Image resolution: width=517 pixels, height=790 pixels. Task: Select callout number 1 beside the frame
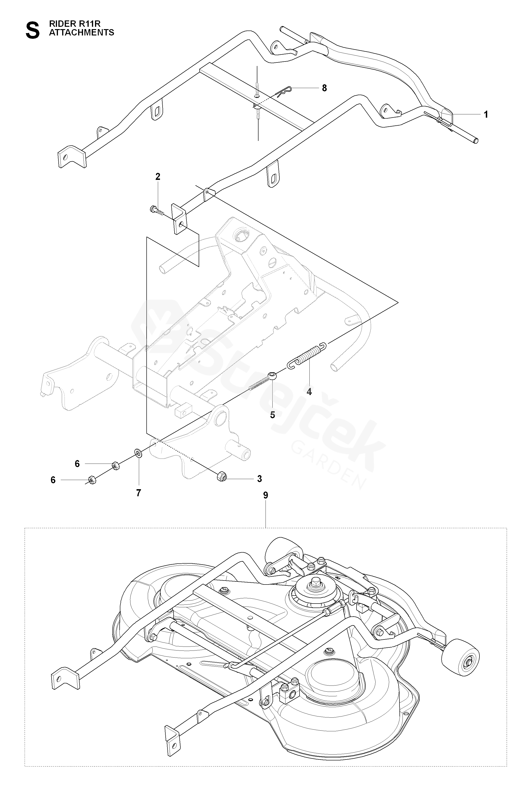pos(486,115)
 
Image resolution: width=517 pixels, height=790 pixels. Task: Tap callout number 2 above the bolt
pos(158,177)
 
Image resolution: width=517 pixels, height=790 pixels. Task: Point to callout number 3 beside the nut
pos(259,479)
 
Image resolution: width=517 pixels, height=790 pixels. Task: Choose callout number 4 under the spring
pos(309,392)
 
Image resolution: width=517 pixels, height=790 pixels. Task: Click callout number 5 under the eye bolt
pos(272,415)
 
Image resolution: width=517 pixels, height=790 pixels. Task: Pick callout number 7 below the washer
pos(139,493)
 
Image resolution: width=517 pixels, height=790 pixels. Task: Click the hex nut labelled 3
pos(221,477)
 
